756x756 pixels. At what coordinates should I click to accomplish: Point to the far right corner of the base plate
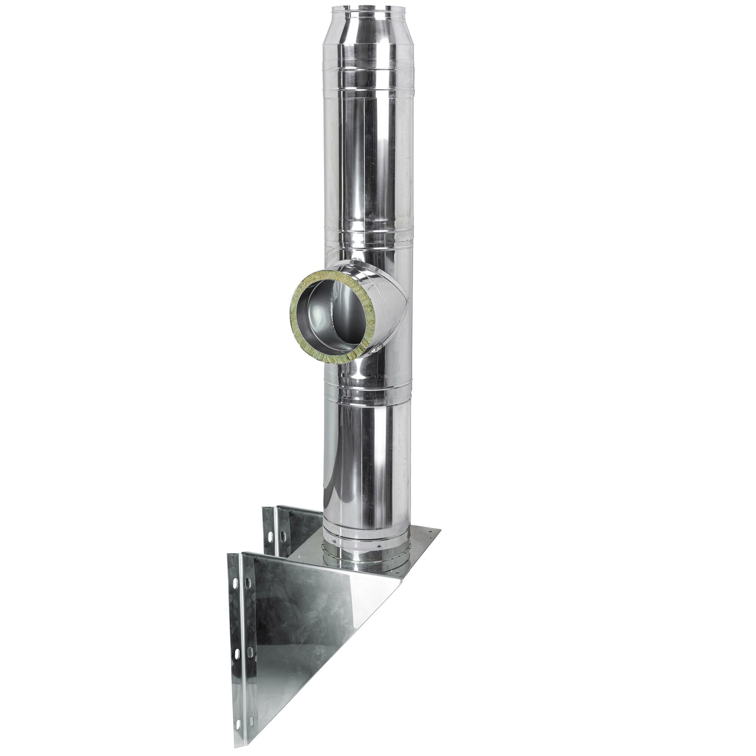tap(440, 531)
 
